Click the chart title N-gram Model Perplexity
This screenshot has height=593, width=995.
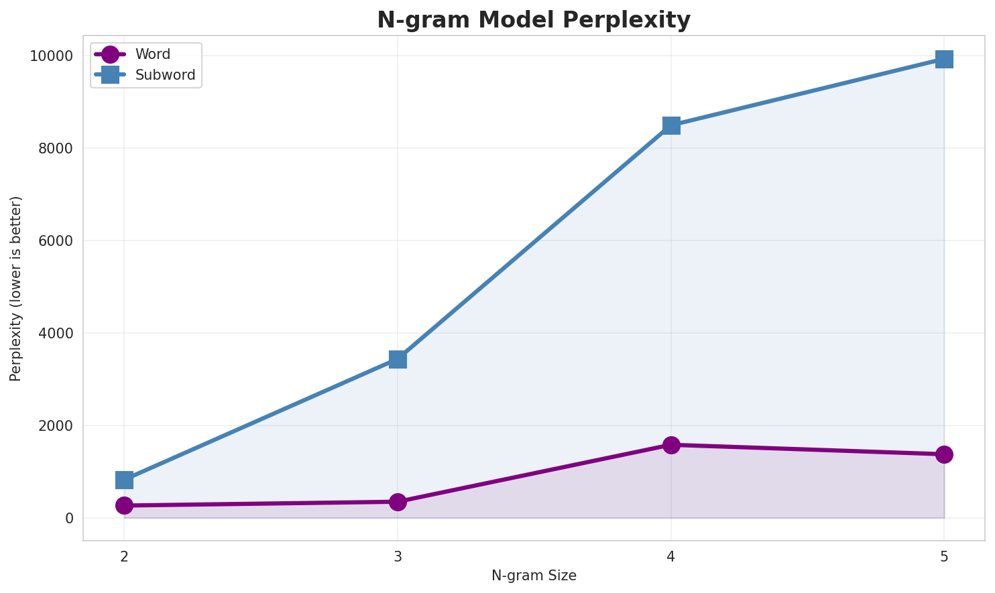(x=534, y=20)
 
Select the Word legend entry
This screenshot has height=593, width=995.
(x=152, y=54)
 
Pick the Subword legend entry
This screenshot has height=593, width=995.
(x=165, y=75)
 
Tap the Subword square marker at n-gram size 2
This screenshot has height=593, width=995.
(x=124, y=480)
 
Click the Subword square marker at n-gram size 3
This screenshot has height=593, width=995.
(x=398, y=360)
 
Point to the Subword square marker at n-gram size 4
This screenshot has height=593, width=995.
(x=671, y=125)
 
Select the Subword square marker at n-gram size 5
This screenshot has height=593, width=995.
(x=944, y=59)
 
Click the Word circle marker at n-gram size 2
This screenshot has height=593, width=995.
(x=124, y=505)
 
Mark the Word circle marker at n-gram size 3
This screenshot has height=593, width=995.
(x=398, y=502)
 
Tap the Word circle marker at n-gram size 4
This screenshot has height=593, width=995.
(x=671, y=445)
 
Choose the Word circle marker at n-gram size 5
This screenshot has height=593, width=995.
(x=944, y=454)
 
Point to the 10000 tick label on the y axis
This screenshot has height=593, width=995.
(x=51, y=56)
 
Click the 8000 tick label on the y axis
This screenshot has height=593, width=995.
(x=55, y=148)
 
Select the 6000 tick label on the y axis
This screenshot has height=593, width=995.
(x=55, y=241)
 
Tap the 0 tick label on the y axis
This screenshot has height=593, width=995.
(x=69, y=518)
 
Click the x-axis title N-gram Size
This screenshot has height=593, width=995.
(x=534, y=576)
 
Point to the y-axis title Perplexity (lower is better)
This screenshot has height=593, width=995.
(x=16, y=288)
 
